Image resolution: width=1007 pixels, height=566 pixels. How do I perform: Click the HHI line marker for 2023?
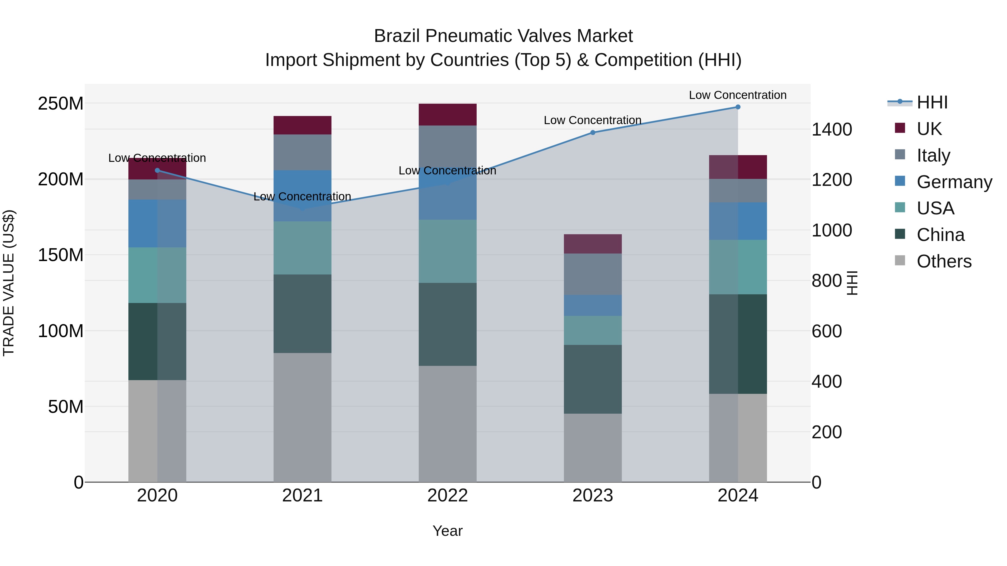tap(593, 132)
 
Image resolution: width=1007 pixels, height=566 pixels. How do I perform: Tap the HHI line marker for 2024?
tap(738, 107)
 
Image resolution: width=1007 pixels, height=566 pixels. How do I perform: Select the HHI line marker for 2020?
tap(157, 170)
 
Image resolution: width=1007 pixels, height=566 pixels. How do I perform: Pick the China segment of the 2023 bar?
tap(593, 379)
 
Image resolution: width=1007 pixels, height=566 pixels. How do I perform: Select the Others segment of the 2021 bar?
tap(302, 417)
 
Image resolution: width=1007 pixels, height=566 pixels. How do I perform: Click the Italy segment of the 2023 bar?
tap(593, 274)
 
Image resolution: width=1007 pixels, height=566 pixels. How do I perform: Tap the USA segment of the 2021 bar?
tap(302, 248)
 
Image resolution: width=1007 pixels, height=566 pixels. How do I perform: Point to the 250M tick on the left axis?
tap(61, 103)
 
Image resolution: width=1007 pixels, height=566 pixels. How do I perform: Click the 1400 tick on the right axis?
tap(832, 129)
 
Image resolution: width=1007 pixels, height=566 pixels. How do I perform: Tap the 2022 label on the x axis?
tap(448, 496)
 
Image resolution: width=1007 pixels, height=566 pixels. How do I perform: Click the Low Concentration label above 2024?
tap(737, 95)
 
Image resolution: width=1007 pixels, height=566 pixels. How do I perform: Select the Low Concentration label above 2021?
tap(302, 196)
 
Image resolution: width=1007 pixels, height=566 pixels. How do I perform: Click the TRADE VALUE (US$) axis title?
tap(9, 283)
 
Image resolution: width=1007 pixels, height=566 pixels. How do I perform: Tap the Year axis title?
tap(448, 531)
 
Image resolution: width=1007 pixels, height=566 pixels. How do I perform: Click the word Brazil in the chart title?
tap(397, 36)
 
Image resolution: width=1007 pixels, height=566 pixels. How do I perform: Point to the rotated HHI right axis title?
tap(853, 283)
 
